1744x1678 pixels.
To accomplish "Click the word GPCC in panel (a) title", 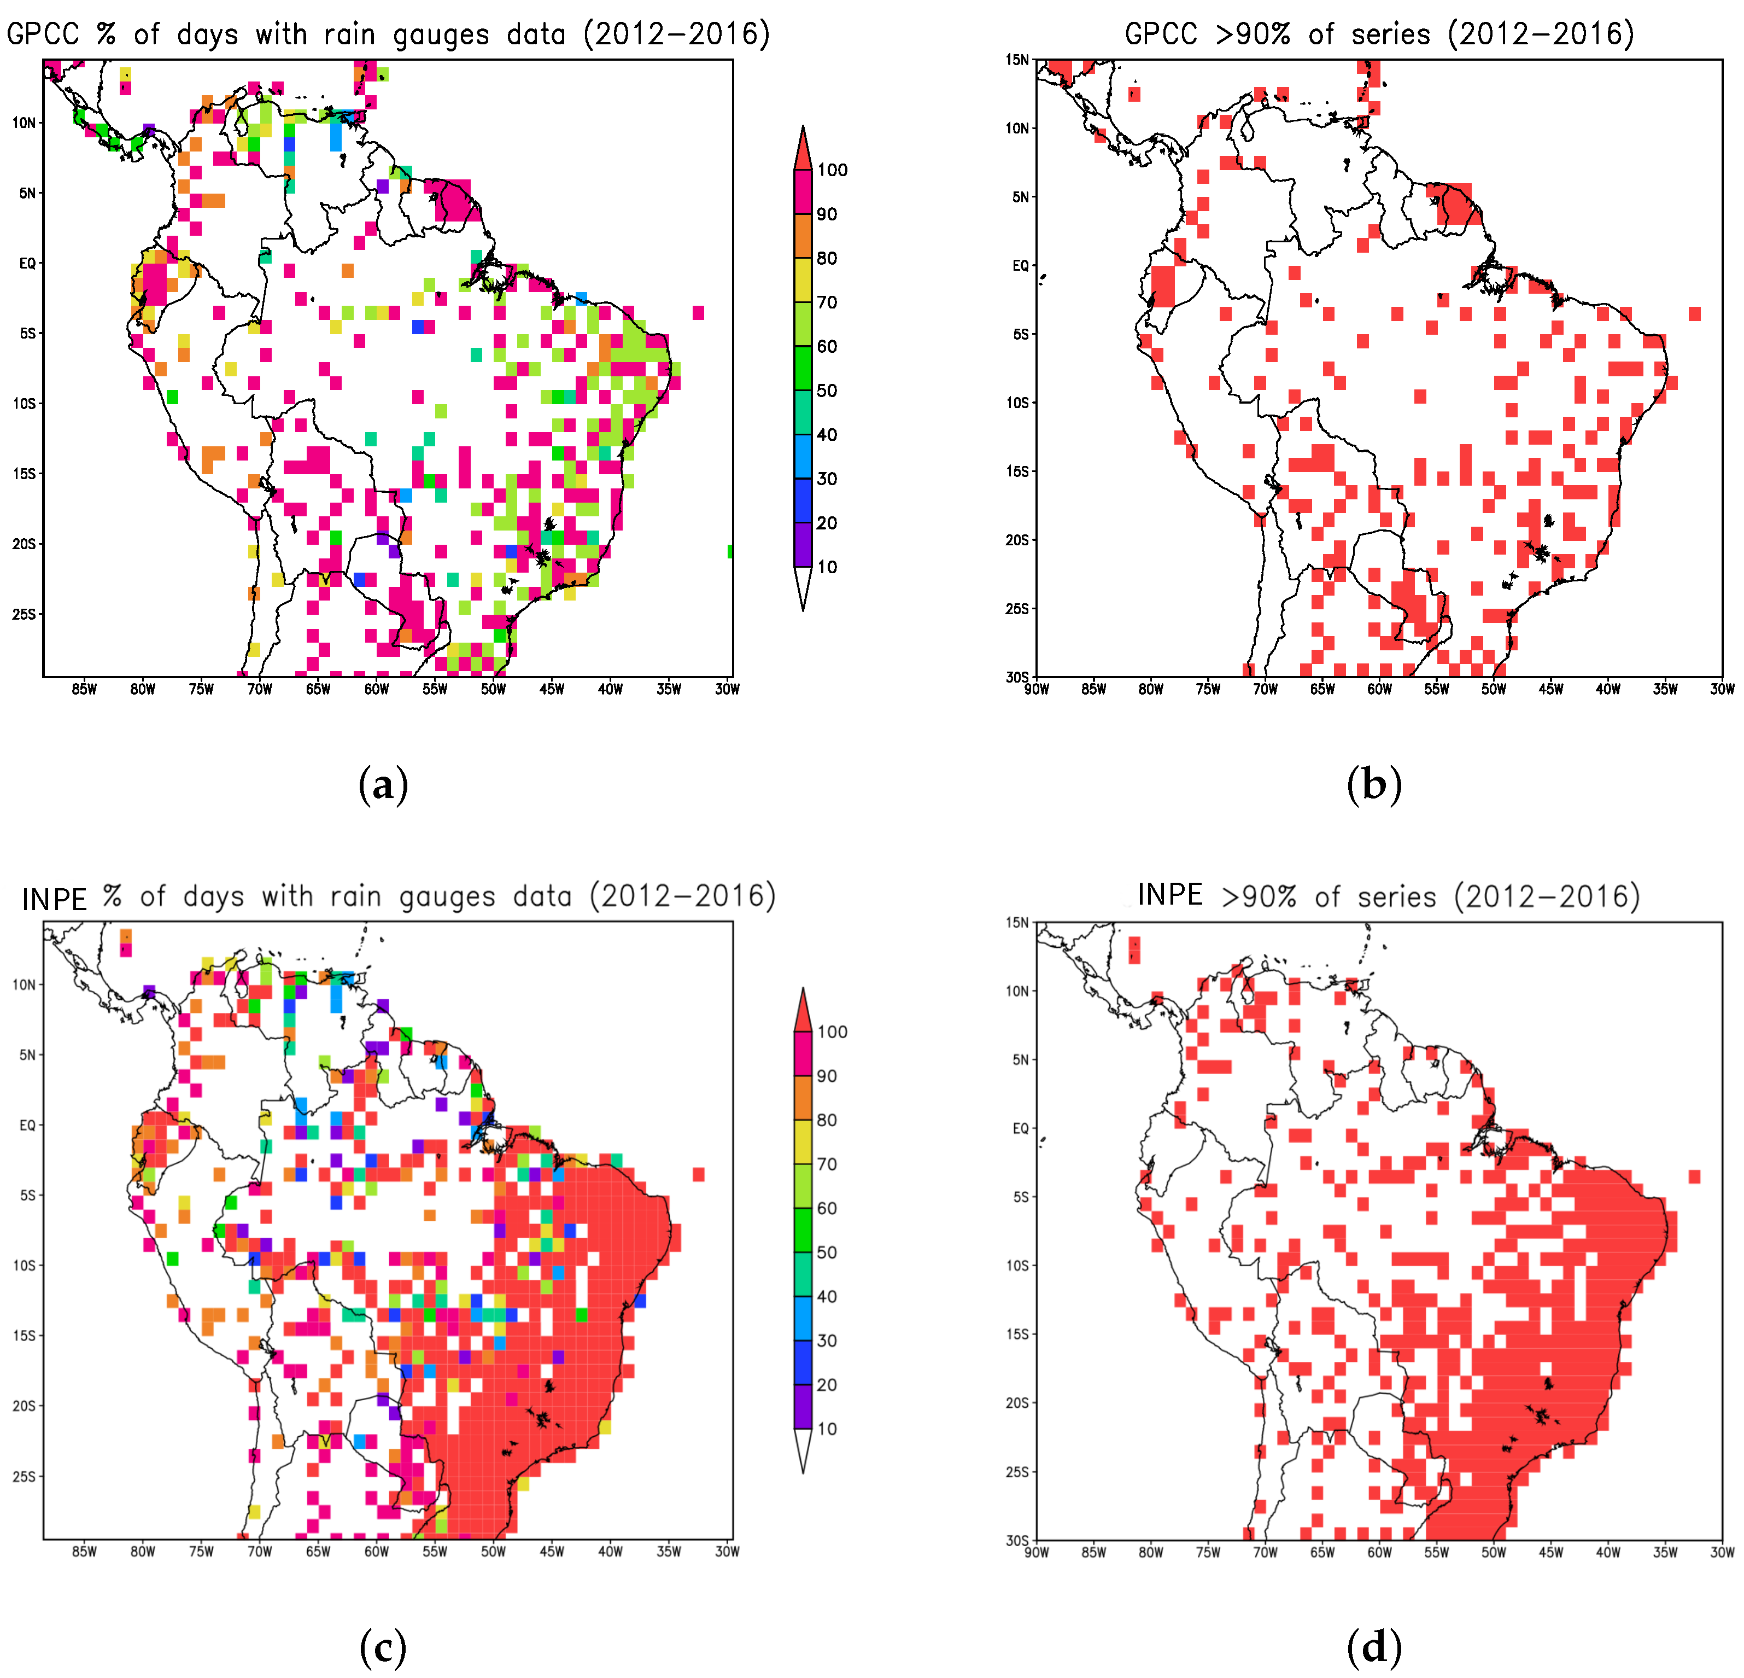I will click(x=43, y=34).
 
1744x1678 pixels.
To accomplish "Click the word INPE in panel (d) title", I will click(x=1170, y=895).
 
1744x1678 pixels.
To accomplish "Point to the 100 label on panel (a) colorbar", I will click(x=832, y=170).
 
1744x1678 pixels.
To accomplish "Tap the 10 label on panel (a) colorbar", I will click(x=827, y=567).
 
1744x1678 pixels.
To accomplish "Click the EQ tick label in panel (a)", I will click(x=27, y=264).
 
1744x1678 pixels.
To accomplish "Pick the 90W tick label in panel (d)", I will click(x=1037, y=1552).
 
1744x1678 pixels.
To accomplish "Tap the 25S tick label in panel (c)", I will click(x=24, y=1476).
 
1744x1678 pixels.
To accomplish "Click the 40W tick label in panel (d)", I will click(x=1608, y=1552).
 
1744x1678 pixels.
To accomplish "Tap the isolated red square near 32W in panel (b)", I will click(x=1694, y=313).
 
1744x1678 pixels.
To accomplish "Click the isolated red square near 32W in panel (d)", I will click(x=1694, y=1177).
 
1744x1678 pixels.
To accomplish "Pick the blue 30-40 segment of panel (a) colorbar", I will click(x=803, y=456).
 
